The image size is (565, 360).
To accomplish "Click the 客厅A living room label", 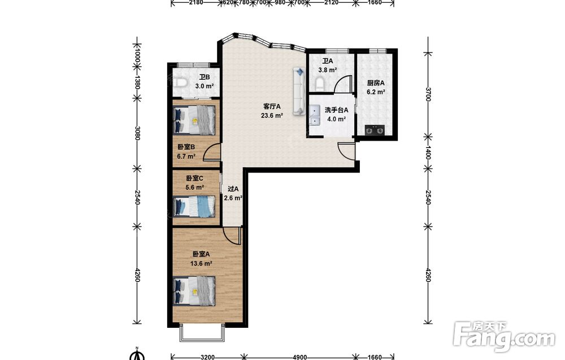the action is tap(272, 106).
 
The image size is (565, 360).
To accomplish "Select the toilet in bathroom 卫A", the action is tap(320, 84).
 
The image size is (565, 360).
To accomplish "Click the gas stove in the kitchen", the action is tap(375, 130).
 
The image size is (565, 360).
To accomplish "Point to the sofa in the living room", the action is tap(299, 91).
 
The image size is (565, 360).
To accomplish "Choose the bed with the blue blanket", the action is tap(194, 206).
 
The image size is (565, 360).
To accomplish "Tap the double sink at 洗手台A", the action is tap(315, 115).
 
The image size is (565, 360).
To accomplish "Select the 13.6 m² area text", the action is tap(201, 263).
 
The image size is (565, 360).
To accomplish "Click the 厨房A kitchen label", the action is tap(376, 83).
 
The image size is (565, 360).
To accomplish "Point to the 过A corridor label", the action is tap(233, 188).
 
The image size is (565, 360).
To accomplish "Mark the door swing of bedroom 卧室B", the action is tap(212, 152).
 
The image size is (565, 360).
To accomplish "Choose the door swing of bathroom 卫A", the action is tap(343, 84).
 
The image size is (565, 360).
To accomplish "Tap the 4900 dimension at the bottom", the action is tap(300, 357).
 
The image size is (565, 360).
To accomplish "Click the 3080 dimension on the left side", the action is tap(137, 133).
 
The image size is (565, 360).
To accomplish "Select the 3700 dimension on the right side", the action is tap(428, 94).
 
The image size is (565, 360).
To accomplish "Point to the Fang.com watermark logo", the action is tap(505, 337).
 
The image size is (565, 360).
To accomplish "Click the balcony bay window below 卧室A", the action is tap(202, 333).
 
